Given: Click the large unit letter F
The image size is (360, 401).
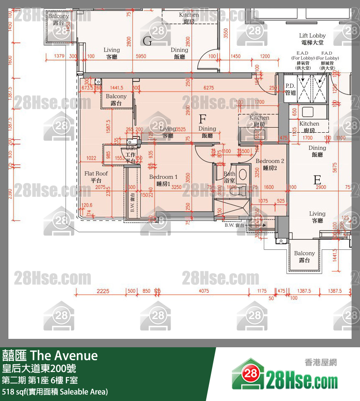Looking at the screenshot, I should (202, 119).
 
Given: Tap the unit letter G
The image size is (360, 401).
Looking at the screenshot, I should (147, 41).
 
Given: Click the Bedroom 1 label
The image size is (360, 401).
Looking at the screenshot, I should (163, 180).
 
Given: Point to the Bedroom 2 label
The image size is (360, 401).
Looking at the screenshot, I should (270, 164).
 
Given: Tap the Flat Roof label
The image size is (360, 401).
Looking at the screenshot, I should (96, 176).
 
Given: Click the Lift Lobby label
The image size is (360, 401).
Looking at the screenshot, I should (312, 39).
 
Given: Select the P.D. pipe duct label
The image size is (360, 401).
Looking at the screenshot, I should (290, 89).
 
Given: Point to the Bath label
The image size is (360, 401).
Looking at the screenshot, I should (229, 177).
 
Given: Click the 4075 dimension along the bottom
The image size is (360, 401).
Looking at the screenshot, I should (203, 291).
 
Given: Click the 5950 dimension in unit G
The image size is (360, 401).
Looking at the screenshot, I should (141, 56).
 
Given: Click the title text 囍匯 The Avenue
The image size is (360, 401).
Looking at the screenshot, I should (50, 356).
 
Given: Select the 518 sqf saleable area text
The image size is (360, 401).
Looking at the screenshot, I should (55, 392).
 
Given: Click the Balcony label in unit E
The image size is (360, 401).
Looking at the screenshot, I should (304, 256).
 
